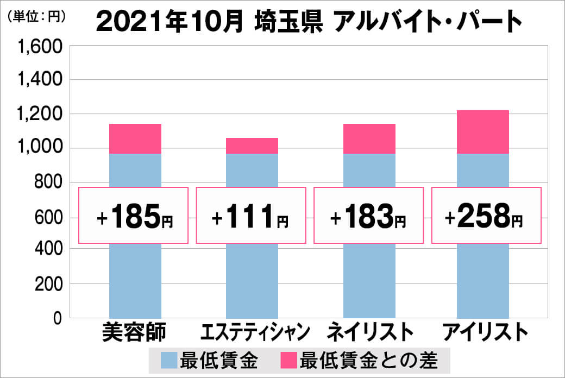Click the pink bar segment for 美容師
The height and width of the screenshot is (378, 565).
[135, 138]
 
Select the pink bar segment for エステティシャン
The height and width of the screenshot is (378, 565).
[252, 146]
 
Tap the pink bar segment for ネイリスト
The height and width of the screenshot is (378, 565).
[369, 138]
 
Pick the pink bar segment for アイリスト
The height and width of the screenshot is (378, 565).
[483, 132]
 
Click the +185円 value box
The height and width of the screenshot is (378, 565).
[134, 215]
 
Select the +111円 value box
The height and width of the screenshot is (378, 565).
[251, 215]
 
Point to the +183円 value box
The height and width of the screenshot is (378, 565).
[368, 215]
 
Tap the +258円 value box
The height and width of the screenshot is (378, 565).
[486, 215]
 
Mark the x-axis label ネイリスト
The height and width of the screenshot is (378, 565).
[369, 332]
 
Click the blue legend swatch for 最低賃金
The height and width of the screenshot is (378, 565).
[169, 360]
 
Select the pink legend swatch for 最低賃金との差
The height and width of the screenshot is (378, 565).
[288, 360]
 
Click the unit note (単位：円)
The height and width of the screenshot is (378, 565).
[36, 16]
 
